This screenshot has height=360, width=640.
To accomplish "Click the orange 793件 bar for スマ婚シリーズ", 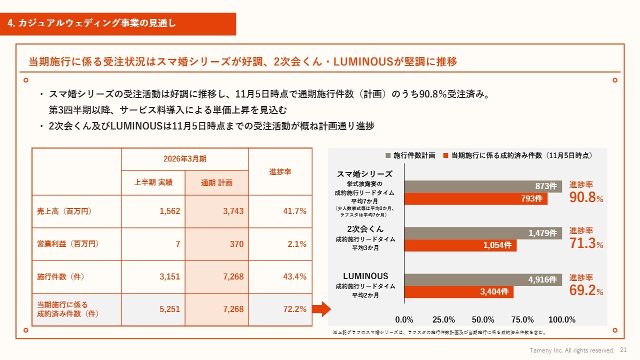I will click(475, 199).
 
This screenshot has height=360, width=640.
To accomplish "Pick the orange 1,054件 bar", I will click(460, 245).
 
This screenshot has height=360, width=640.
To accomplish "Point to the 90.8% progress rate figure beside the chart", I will click(586, 197).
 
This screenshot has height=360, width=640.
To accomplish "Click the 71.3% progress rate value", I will click(586, 243).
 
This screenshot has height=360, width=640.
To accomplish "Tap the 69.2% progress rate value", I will click(586, 290).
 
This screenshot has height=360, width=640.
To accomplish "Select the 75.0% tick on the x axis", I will click(522, 320).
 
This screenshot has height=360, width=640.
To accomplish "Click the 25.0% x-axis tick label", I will click(443, 320).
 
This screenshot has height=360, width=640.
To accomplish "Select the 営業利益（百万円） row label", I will click(68, 244).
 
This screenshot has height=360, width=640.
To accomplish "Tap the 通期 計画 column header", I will click(217, 182).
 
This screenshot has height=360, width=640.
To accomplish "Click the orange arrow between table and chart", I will click(321, 309).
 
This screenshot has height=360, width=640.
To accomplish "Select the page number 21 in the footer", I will click(623, 350).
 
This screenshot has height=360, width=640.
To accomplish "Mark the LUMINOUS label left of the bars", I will click(365, 276).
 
